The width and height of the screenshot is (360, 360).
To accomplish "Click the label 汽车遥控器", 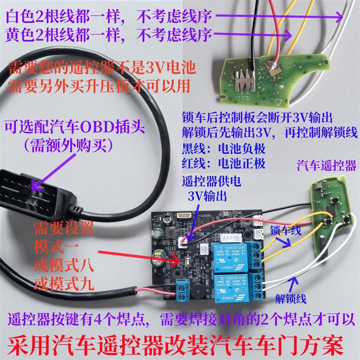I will tap(326, 165).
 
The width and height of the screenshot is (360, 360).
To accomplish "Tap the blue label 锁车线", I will tap(286, 231).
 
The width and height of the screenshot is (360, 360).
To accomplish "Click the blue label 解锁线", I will tap(290, 298).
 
